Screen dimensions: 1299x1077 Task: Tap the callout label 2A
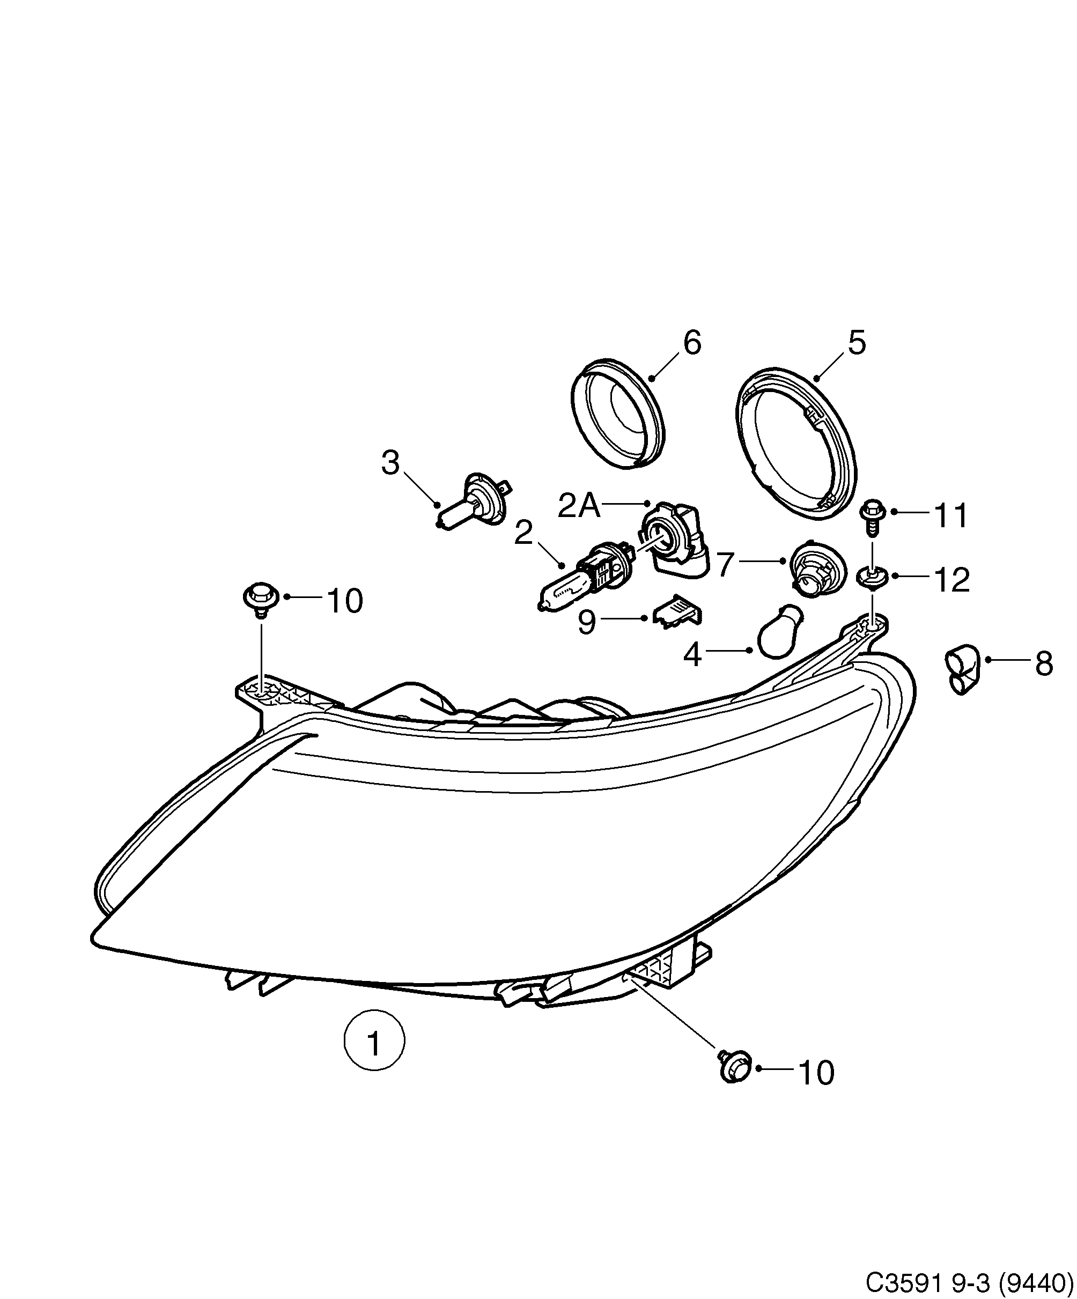578,506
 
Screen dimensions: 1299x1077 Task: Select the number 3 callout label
390,463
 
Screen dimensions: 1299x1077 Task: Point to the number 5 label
857,343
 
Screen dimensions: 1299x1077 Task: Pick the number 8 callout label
1044,665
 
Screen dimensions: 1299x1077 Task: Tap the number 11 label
951,516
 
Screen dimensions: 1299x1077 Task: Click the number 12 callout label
951,580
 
